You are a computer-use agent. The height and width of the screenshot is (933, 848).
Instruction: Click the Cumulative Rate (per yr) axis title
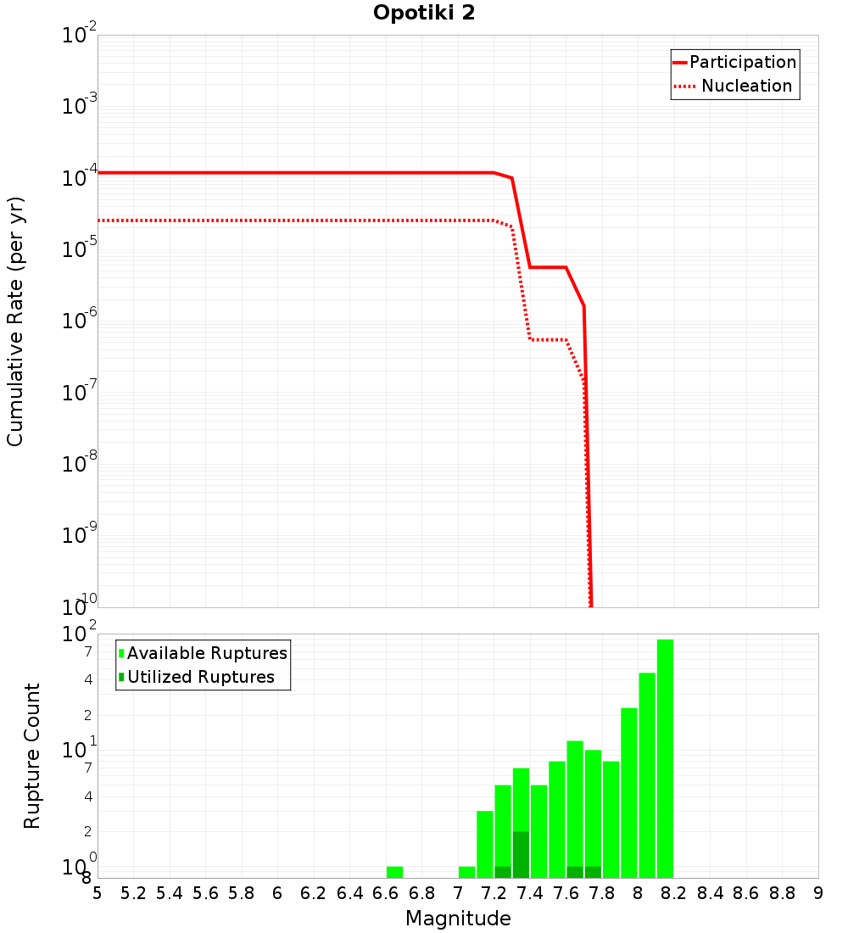pos(15,321)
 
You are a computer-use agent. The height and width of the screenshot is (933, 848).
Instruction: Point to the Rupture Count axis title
pos(32,756)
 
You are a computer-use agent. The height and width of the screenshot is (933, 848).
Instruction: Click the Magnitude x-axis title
pos(458,919)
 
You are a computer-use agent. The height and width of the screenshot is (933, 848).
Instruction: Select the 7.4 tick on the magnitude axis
pos(530,893)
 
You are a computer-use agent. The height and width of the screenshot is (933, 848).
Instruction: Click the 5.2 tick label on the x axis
pos(134,893)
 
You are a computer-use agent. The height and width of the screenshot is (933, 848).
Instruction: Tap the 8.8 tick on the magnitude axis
pos(782,893)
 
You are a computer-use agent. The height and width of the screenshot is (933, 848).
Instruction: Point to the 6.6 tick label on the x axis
pos(386,893)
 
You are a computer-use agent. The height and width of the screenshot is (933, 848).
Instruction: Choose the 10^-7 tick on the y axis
pos(80,393)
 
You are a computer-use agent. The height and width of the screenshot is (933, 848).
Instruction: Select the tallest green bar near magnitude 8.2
pos(665,758)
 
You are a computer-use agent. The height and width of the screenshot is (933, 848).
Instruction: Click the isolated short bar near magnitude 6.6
pos(394,872)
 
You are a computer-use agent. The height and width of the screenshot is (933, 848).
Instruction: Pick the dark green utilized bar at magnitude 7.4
pos(521,855)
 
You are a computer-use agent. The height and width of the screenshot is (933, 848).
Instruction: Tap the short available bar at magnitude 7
pos(466,872)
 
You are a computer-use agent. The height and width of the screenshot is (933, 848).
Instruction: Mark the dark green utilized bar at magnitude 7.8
pos(593,872)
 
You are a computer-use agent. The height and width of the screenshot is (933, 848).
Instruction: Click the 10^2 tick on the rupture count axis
pos(80,634)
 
